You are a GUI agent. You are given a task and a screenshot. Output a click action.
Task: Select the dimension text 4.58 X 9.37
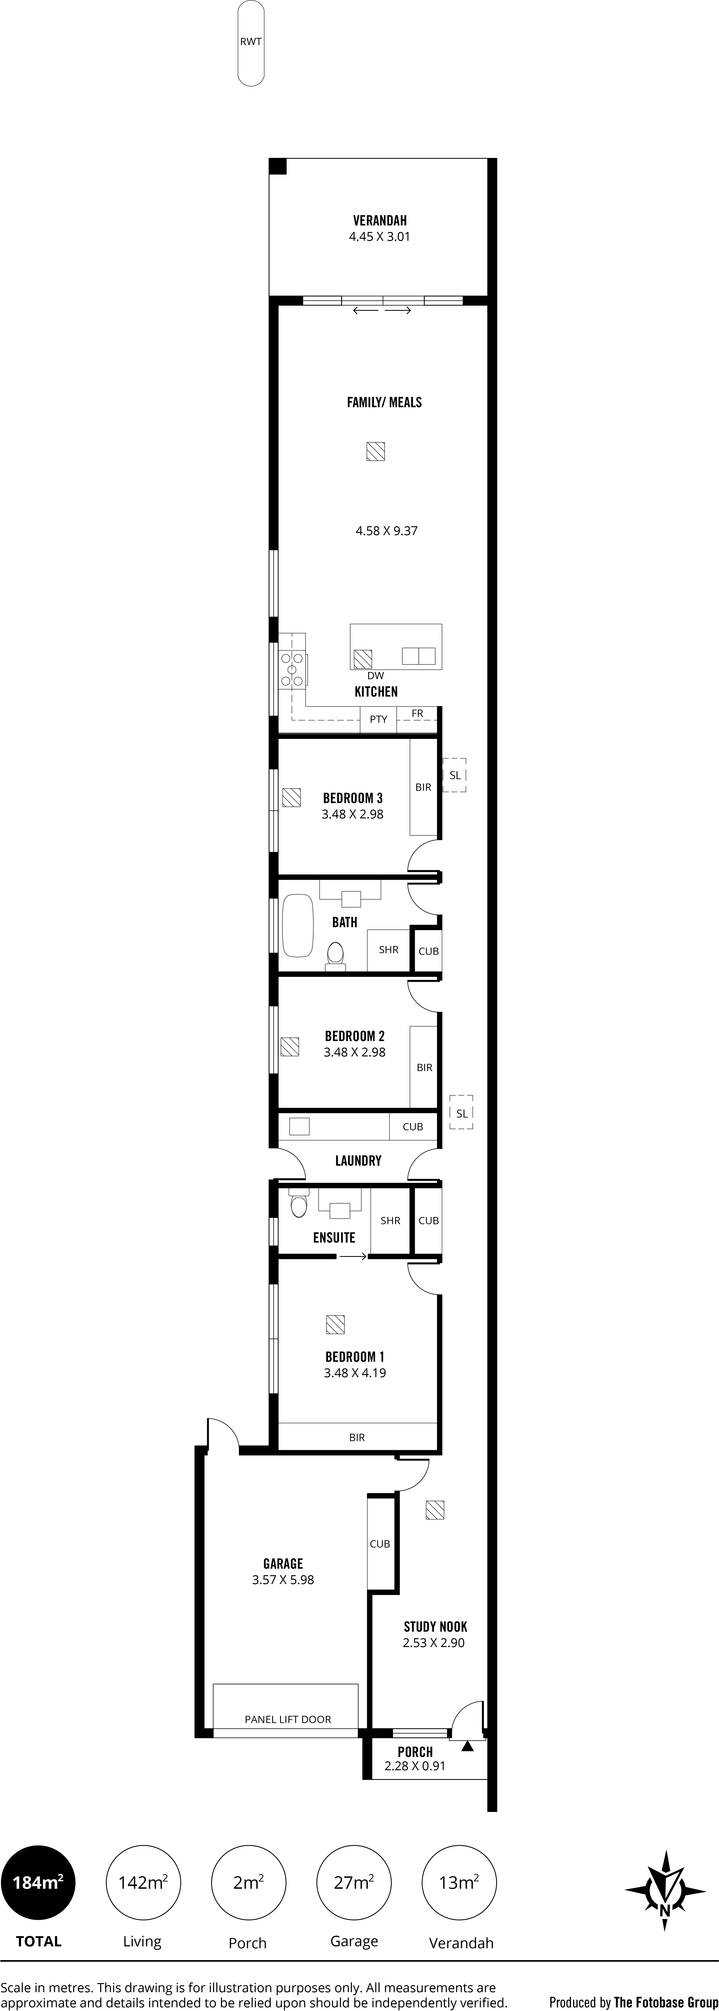(x=386, y=531)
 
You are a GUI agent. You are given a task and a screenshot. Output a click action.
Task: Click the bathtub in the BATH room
(x=297, y=926)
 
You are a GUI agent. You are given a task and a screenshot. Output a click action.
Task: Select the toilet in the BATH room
(x=336, y=956)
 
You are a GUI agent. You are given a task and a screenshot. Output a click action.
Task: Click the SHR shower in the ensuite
(x=390, y=1221)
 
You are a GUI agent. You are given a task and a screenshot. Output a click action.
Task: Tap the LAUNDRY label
(x=358, y=1161)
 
